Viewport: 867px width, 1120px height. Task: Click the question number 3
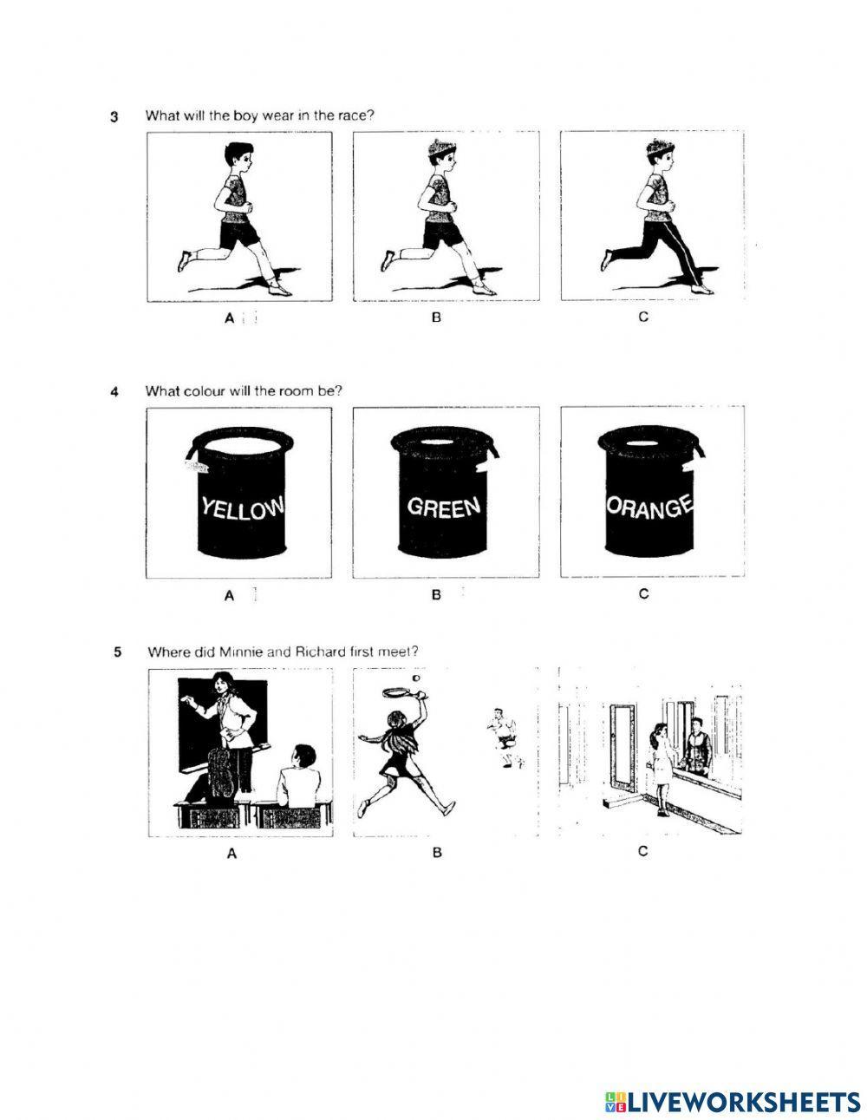[114, 116]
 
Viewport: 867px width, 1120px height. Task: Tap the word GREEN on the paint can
[443, 506]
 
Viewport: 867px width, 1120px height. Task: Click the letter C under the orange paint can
[643, 594]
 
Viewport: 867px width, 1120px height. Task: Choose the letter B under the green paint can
[436, 595]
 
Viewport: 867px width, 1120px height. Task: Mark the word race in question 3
[354, 115]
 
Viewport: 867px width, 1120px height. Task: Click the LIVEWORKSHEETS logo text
[737, 1077]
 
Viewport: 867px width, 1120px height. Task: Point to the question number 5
[117, 652]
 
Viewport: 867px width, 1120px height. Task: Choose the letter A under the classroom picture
[231, 854]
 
